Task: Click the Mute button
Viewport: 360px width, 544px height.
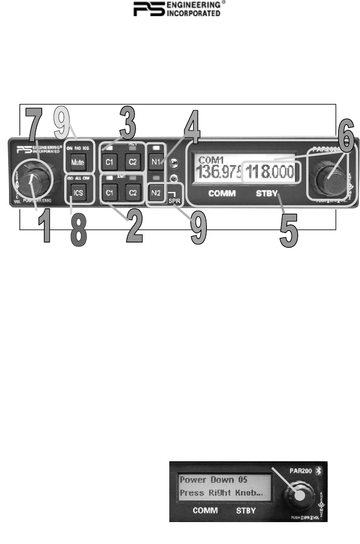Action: [x=77, y=162]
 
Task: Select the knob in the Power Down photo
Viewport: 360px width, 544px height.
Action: [x=300, y=495]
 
